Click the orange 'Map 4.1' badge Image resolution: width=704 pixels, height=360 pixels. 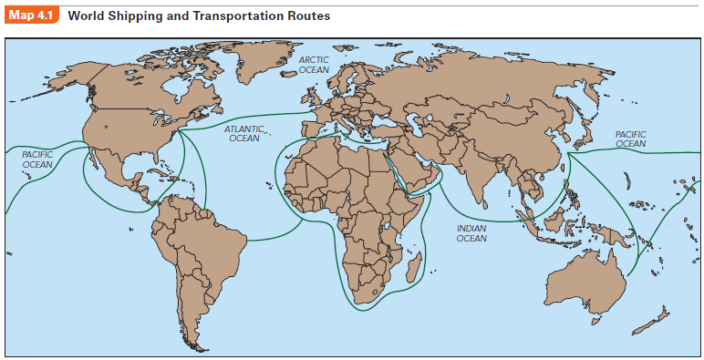coord(31,16)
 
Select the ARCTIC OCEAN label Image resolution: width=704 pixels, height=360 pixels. coord(314,64)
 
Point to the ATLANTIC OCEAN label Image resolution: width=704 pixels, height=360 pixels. coord(243,134)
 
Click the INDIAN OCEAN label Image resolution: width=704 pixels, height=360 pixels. coord(471,233)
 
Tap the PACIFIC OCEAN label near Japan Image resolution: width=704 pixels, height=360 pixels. coord(630,139)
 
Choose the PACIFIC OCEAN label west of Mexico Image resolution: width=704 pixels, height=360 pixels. coord(37,159)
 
